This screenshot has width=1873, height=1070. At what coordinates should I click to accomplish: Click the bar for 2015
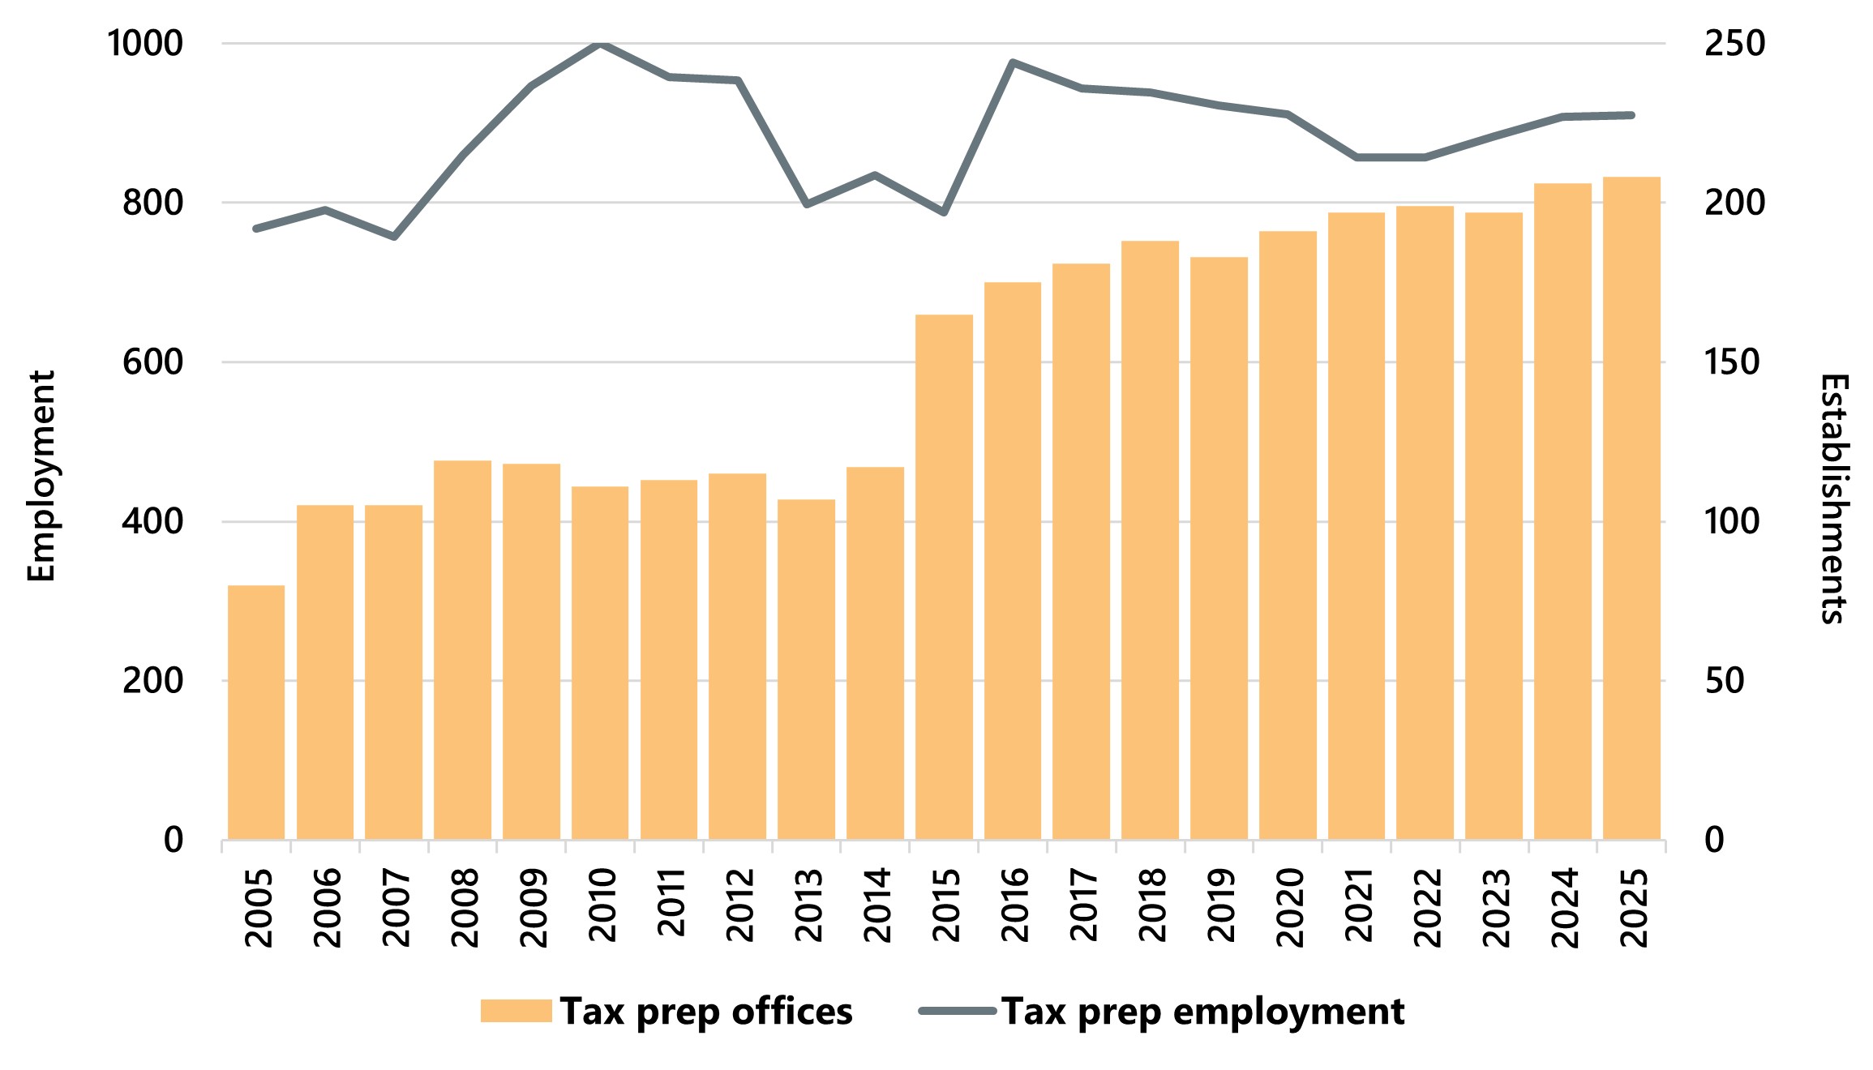944,576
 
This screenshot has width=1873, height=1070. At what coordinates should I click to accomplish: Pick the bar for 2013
806,669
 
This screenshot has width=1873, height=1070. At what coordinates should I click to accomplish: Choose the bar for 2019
1219,548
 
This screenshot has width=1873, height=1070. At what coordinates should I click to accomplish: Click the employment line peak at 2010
600,44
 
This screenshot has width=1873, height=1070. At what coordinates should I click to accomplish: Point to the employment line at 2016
1013,62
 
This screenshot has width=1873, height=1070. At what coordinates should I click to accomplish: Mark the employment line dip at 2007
394,237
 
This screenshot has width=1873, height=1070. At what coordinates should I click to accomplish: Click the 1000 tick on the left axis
145,44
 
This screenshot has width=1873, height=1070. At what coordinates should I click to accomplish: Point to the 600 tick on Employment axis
152,362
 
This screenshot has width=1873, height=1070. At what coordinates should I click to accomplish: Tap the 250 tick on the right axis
1734,44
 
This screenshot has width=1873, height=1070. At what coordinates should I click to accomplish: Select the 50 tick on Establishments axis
1725,681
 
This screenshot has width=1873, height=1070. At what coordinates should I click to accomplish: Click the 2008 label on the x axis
465,907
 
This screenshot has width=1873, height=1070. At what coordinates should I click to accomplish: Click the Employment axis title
41,476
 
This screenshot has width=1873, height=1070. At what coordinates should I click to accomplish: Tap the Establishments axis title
1833,499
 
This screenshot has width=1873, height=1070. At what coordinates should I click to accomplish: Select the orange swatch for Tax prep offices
516,1011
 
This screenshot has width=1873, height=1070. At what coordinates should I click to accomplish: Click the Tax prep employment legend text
1202,1012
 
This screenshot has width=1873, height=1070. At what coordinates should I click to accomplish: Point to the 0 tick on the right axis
1714,840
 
